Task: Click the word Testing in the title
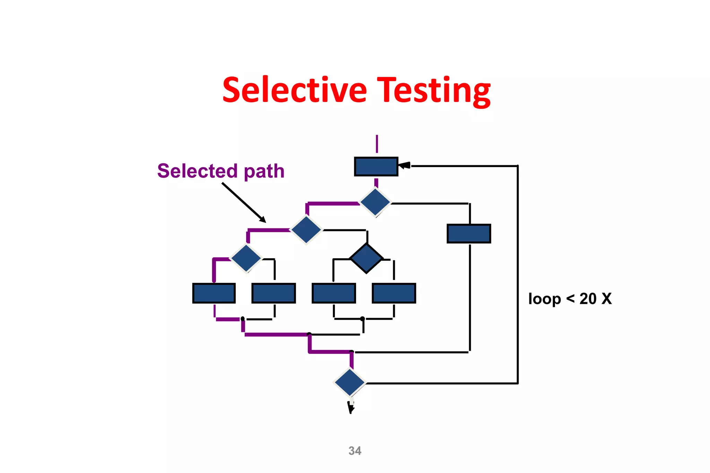(x=434, y=91)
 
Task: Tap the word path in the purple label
(x=264, y=172)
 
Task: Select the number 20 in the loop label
(x=588, y=299)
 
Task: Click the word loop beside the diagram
(x=544, y=299)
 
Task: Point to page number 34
(x=355, y=451)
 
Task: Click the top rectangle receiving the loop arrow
(x=376, y=167)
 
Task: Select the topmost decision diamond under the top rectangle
(x=375, y=202)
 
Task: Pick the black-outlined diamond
(x=366, y=259)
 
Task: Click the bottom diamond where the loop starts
(x=349, y=383)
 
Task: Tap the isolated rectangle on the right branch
(x=469, y=234)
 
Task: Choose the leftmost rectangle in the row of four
(x=214, y=293)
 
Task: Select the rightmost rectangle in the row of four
(x=394, y=293)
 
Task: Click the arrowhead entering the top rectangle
(x=404, y=166)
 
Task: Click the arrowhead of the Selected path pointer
(x=263, y=220)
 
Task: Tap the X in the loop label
(x=607, y=299)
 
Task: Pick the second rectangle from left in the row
(x=274, y=293)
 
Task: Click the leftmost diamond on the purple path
(x=246, y=259)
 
